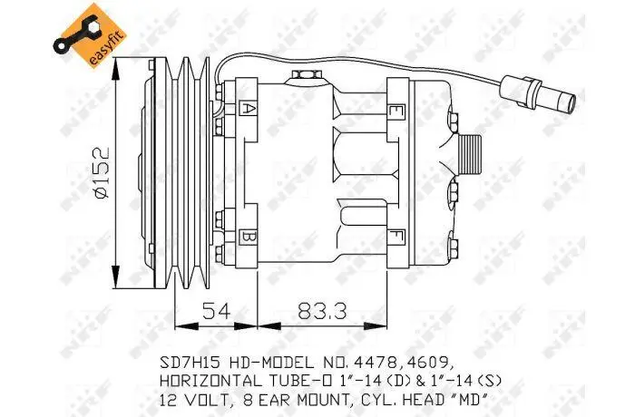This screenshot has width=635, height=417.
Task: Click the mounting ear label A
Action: pyautogui.click(x=248, y=109)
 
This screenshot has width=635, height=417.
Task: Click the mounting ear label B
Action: pyautogui.click(x=248, y=238)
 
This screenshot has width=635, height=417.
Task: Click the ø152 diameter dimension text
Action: pyautogui.click(x=102, y=173)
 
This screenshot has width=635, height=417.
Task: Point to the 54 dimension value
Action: pyautogui.click(x=216, y=311)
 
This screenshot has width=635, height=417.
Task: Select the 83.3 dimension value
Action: pyautogui.click(x=322, y=311)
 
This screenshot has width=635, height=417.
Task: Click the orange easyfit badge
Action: pyautogui.click(x=90, y=35)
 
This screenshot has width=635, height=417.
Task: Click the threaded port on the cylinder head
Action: pyautogui.click(x=469, y=154)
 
